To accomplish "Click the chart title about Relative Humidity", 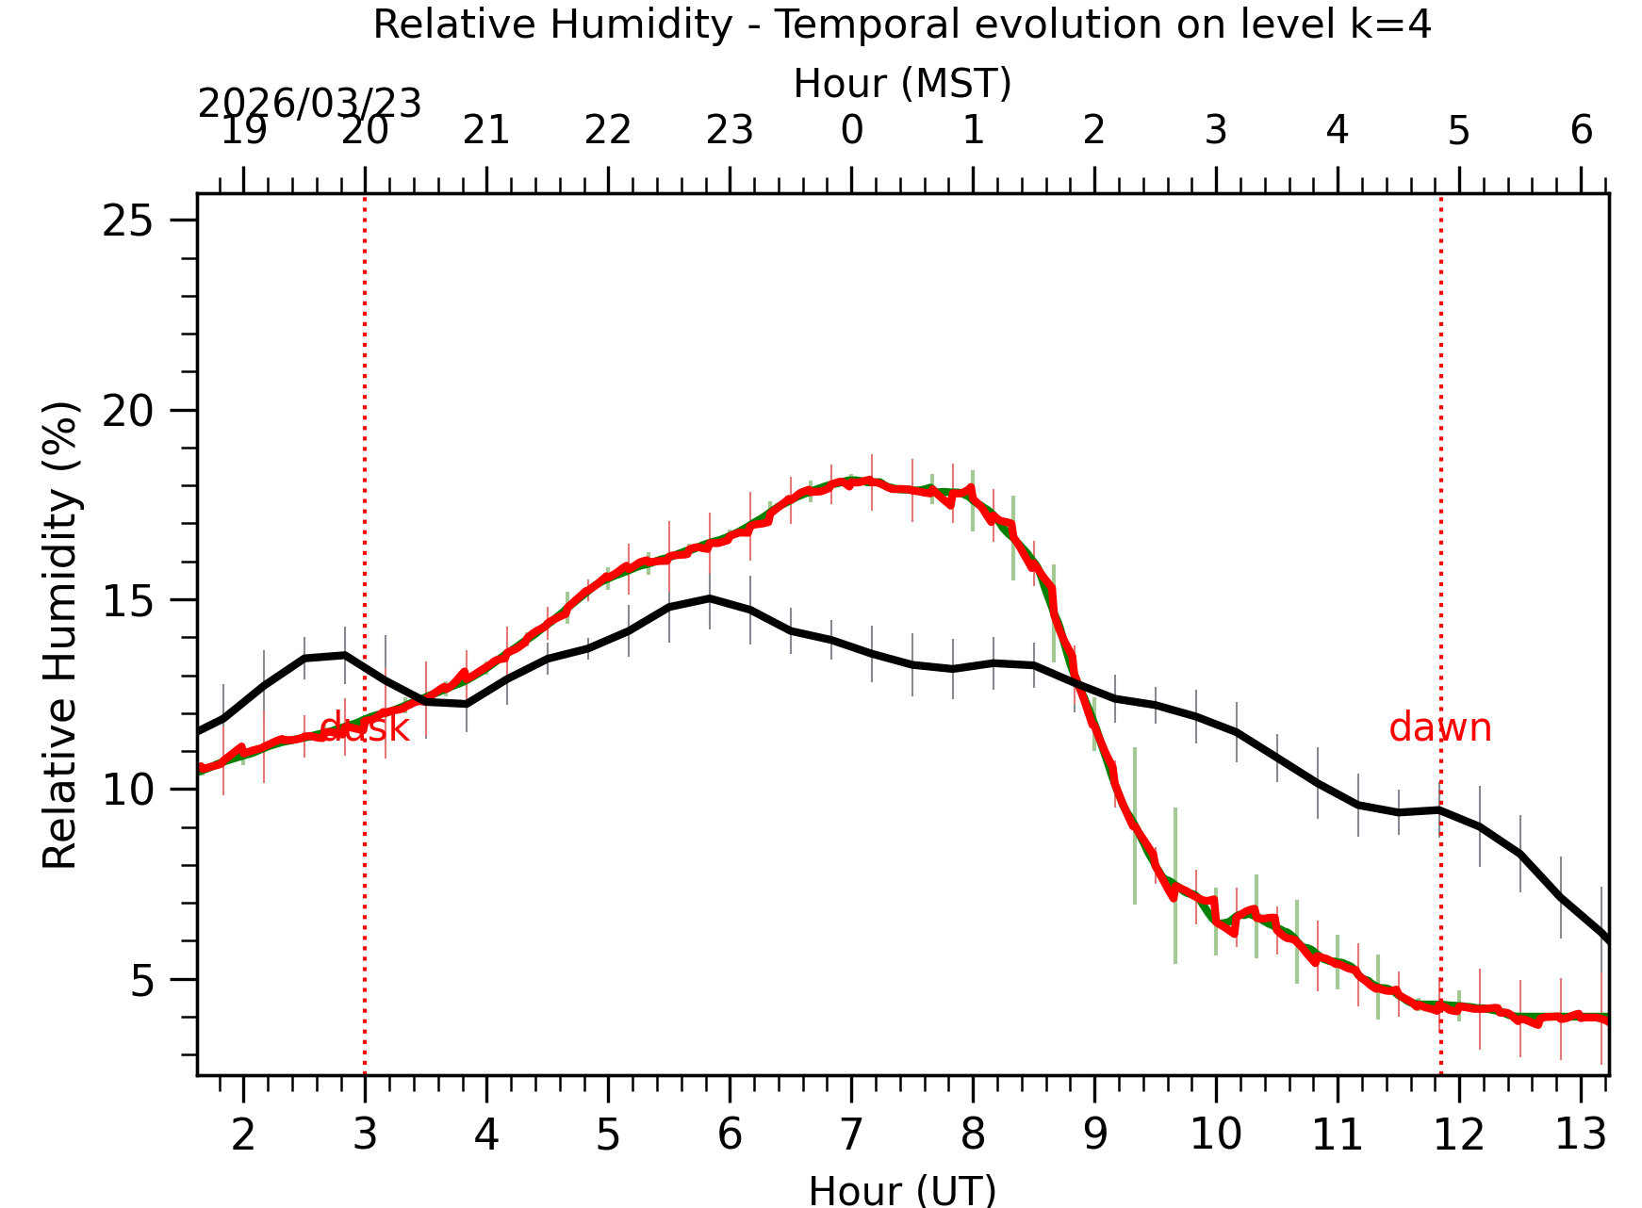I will pos(902,24).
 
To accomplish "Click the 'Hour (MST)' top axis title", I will pos(902,84).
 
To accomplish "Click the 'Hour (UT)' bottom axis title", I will pos(902,1190).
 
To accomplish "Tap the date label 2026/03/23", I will pos(309,104).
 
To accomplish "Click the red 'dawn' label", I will pos(1439,728).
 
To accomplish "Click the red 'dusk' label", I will pos(364,728).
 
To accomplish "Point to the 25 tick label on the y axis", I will pos(128,221).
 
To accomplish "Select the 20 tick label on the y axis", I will pos(128,411).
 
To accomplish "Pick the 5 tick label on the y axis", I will pos(141,980).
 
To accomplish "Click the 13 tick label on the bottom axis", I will pos(1580,1135).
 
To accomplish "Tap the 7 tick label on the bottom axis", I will pos(851,1135).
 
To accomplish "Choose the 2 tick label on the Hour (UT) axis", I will pos(243,1135).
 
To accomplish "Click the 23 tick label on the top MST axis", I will pos(730,130).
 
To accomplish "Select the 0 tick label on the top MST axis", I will pos(851,130).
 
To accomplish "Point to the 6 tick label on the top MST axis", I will pos(1581,130).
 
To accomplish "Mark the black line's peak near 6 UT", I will pos(710,597).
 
